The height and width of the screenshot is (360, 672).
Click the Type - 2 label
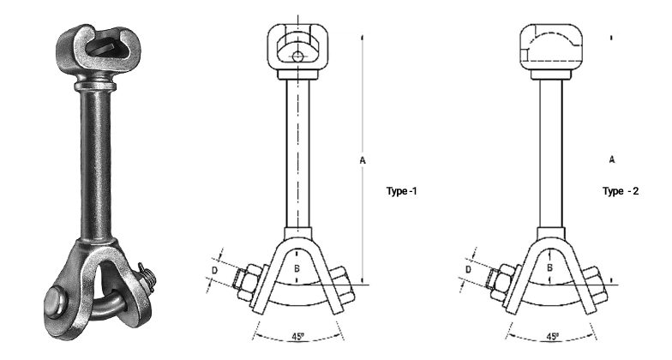[x=621, y=190]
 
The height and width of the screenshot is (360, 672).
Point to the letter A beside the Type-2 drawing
[x=611, y=160]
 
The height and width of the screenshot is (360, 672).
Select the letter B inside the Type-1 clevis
[x=296, y=267]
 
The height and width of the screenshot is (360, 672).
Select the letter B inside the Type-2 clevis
[x=549, y=267]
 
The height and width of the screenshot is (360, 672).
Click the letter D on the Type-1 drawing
[x=215, y=271]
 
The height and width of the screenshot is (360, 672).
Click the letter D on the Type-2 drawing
[x=468, y=271]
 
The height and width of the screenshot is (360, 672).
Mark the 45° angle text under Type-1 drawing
[x=296, y=336]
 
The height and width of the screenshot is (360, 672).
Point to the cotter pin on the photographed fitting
[x=148, y=280]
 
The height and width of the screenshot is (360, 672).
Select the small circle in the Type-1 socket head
[x=296, y=57]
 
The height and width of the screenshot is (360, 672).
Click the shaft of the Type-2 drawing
[x=549, y=154]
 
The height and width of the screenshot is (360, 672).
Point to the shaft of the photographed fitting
[x=95, y=163]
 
